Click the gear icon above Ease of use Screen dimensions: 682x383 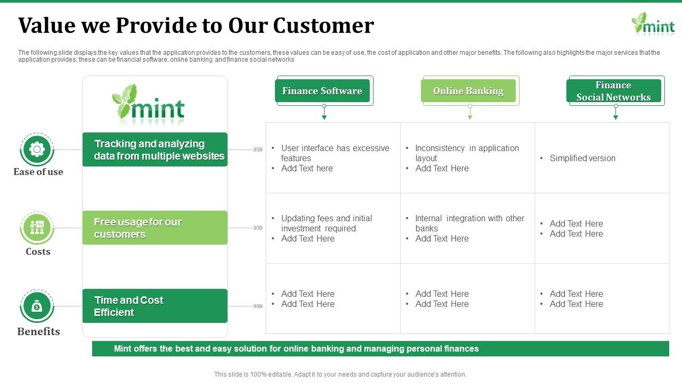coord(37,149)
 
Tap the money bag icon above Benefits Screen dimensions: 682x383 coord(37,306)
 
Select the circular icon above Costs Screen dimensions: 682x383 coord(37,228)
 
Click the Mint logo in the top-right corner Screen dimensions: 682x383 coord(653,24)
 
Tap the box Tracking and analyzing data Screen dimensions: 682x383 coord(155,149)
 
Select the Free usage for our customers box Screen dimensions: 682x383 coord(155,228)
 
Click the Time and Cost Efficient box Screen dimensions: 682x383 coord(155,306)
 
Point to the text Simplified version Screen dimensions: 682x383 coord(582,158)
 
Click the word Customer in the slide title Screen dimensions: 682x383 coord(323,25)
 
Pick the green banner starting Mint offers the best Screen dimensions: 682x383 coord(380,348)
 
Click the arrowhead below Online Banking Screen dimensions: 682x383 coord(470,118)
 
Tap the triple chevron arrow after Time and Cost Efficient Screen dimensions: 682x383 coord(258,306)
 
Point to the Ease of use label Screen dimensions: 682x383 coord(38,172)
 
